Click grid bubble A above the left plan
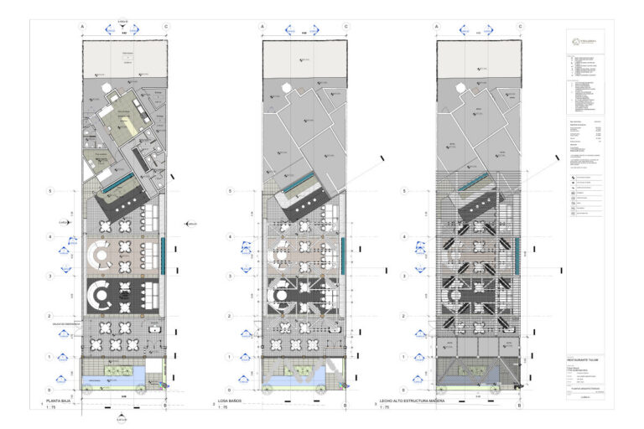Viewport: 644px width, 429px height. click(x=83, y=27)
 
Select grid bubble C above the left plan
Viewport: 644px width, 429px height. click(x=166, y=27)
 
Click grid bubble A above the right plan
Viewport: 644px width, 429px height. click(x=439, y=27)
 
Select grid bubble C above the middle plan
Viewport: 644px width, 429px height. click(x=345, y=27)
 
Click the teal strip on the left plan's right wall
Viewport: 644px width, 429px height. click(x=163, y=251)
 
